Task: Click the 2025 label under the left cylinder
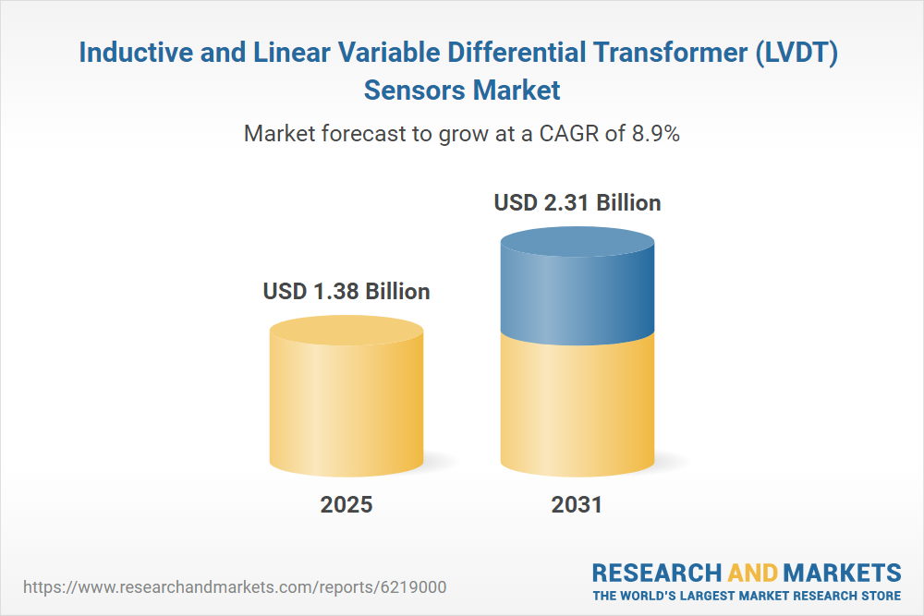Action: pos(346,504)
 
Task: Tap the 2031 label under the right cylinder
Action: pos(577,504)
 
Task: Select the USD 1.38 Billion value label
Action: pos(346,292)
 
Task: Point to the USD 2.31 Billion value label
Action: pos(577,202)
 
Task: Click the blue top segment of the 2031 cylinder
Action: pos(577,286)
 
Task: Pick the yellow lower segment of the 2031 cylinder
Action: pos(577,406)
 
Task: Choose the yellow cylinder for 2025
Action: pos(346,397)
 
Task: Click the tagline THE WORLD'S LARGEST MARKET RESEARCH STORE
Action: pos(747,595)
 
